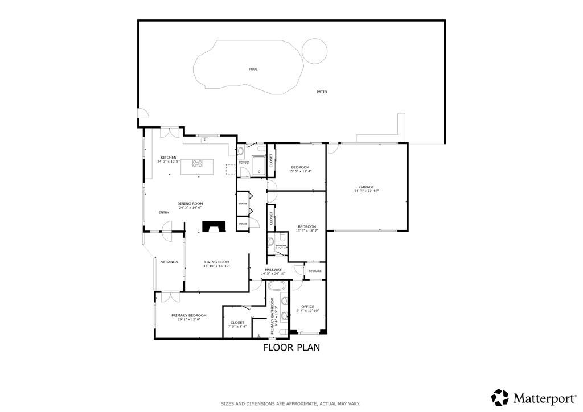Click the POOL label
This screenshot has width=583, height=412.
click(x=253, y=69)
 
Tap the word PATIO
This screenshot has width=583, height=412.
click(x=322, y=92)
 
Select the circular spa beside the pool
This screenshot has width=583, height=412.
click(x=315, y=51)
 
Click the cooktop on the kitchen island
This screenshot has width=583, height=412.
click(x=198, y=164)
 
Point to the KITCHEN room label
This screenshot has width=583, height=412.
click(x=168, y=158)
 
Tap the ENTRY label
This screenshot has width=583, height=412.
click(x=164, y=212)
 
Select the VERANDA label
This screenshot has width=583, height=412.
click(x=169, y=262)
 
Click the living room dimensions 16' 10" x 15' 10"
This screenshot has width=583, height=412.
click(x=217, y=266)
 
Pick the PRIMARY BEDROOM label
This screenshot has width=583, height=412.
click(x=189, y=315)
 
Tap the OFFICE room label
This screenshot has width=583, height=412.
click(x=308, y=307)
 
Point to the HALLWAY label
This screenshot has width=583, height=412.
click(x=273, y=269)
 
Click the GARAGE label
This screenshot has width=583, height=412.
click(x=366, y=187)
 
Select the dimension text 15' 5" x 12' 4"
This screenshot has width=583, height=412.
click(x=300, y=171)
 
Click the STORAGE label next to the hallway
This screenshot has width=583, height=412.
click(x=315, y=271)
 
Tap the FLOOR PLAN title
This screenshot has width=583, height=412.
click(x=291, y=347)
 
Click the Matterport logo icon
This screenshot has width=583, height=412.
click(x=500, y=397)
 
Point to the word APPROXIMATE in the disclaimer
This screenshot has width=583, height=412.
click(x=291, y=403)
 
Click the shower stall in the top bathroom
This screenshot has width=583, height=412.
click(x=259, y=164)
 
